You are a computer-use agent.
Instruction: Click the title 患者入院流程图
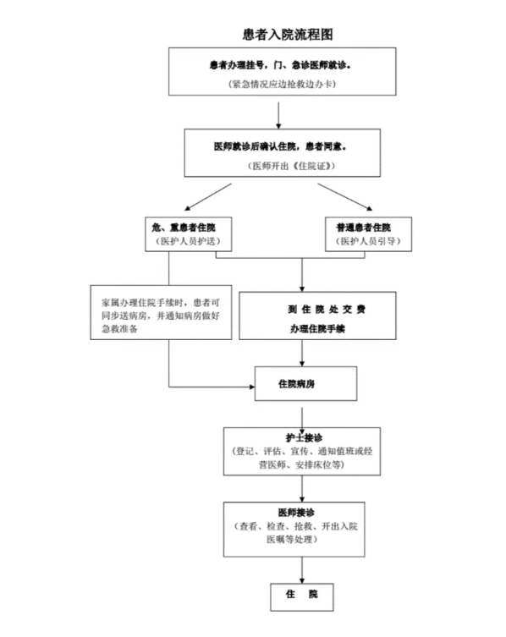[288, 34]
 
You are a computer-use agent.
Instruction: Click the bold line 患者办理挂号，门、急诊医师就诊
[279, 65]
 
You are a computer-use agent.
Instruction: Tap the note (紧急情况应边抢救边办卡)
[282, 84]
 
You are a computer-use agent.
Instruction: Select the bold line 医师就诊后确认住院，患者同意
[279, 146]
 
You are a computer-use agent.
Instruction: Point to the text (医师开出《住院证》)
[291, 166]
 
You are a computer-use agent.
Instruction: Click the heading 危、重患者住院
[184, 228]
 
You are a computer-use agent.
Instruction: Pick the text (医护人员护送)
[188, 241]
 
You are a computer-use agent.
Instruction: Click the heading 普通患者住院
[363, 228]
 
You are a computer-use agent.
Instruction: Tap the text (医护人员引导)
[368, 241]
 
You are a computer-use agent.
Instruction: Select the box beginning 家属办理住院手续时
[161, 312]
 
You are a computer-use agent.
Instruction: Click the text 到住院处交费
[327, 310]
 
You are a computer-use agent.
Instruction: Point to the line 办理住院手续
[317, 329]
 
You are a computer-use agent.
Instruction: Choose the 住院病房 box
[305, 383]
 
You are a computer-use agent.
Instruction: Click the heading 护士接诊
[304, 438]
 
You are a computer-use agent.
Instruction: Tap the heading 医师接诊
[296, 513]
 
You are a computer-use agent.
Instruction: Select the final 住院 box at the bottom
[302, 597]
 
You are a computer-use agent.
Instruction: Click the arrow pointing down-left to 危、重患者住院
[208, 197]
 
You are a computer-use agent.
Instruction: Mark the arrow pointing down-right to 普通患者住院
[345, 197]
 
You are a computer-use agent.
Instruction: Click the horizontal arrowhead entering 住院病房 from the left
[252, 387]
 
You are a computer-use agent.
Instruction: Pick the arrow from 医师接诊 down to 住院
[302, 570]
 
